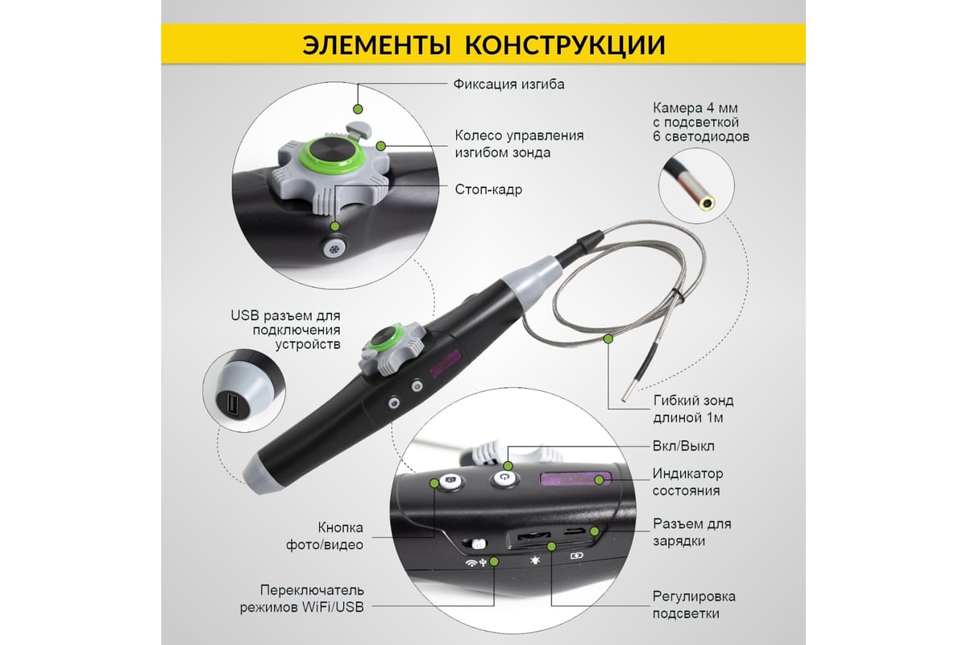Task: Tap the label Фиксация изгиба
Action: pos(508,84)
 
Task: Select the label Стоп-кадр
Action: pos(488,189)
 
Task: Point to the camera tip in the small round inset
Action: pos(707,202)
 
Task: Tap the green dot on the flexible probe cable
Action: pos(608,339)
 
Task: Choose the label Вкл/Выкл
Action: pos(683,445)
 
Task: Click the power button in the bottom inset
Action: pos(505,478)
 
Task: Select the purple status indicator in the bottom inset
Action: pos(575,479)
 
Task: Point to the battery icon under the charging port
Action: pos(577,556)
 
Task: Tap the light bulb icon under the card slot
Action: pos(535,560)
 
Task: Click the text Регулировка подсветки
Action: pos(694,605)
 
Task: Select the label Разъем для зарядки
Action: pos(692,532)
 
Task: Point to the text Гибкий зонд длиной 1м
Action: pos(693,409)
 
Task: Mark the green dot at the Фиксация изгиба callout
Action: pos(358,109)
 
